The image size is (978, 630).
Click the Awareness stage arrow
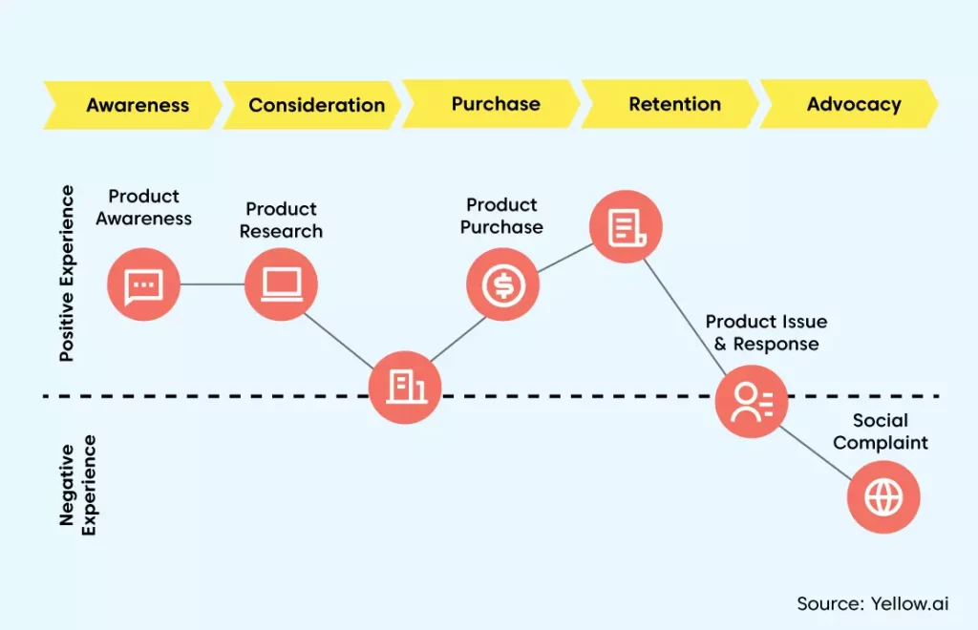(x=132, y=105)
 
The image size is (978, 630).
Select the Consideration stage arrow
(x=312, y=105)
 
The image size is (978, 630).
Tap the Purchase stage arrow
(x=492, y=103)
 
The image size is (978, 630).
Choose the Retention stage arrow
(x=670, y=103)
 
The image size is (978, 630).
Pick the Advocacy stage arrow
(x=849, y=103)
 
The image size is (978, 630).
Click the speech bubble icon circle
(x=143, y=284)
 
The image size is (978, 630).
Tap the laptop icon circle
(x=282, y=284)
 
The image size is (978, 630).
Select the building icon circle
(x=405, y=387)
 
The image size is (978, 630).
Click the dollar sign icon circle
(x=502, y=284)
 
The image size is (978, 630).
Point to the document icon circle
(x=626, y=226)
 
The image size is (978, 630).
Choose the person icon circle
(x=751, y=401)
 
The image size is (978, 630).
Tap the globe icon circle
(x=883, y=496)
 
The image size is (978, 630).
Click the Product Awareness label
(x=143, y=207)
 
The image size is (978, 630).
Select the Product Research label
(x=282, y=220)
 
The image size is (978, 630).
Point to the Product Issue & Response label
(x=767, y=333)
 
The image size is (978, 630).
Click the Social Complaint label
(x=881, y=431)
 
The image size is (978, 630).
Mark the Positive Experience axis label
(x=66, y=273)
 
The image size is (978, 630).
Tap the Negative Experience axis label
(x=77, y=485)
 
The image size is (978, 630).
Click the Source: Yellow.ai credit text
(x=873, y=603)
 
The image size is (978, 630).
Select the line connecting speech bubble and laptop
(x=212, y=284)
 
